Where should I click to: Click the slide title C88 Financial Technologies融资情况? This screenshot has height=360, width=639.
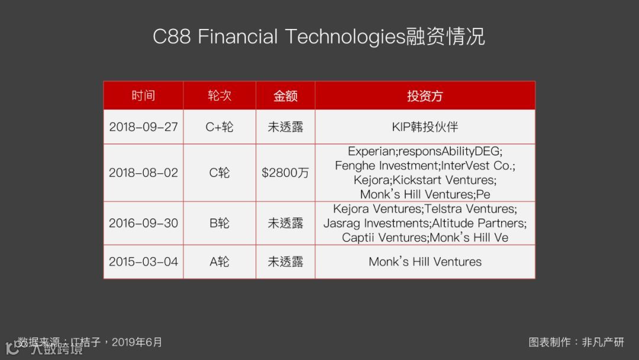coord(319,37)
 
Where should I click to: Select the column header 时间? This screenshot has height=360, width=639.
coord(143,96)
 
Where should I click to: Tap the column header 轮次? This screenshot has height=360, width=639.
coord(220,96)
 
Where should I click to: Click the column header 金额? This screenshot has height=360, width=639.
coord(285,96)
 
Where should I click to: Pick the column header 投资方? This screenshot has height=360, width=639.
coord(425,96)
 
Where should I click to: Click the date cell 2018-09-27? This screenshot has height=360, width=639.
coord(143,127)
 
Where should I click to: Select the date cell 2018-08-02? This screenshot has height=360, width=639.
coord(143,173)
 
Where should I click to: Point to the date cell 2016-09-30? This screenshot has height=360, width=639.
coord(143,223)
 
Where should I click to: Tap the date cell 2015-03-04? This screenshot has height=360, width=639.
coord(143,262)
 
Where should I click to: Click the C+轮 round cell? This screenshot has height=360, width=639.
coord(220,127)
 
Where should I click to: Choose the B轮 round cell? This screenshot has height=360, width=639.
coord(220,223)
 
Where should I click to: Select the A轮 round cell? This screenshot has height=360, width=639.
coord(220,262)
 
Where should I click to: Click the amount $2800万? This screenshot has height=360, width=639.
coord(285,173)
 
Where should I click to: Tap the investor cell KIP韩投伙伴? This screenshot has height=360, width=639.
coord(425,127)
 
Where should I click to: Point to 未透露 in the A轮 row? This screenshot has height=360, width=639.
coord(285,262)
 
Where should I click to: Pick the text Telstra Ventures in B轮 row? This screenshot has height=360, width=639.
coord(471,209)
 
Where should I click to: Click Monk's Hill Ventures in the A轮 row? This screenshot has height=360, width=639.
coord(425,262)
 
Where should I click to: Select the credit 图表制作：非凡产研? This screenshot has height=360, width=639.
coord(576,342)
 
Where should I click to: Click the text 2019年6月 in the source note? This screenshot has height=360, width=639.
coord(137,342)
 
